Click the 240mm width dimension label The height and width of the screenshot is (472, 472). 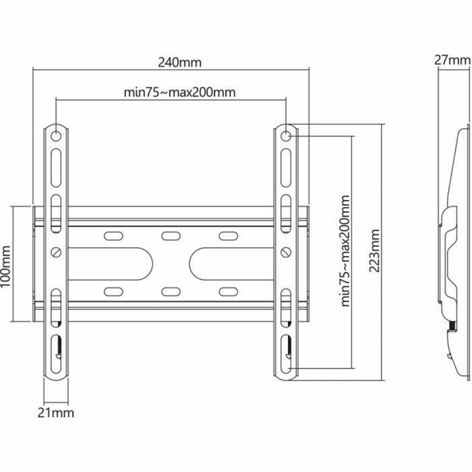[179, 62]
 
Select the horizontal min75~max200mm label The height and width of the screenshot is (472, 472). [180, 92]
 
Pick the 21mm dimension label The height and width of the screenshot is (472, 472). [55, 413]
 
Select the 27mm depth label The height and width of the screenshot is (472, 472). [452, 60]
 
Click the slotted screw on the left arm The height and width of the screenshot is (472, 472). [57, 252]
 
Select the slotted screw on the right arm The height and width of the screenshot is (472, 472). [286, 252]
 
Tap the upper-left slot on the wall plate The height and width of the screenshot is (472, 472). [112, 236]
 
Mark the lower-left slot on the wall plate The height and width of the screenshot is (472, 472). [112, 291]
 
